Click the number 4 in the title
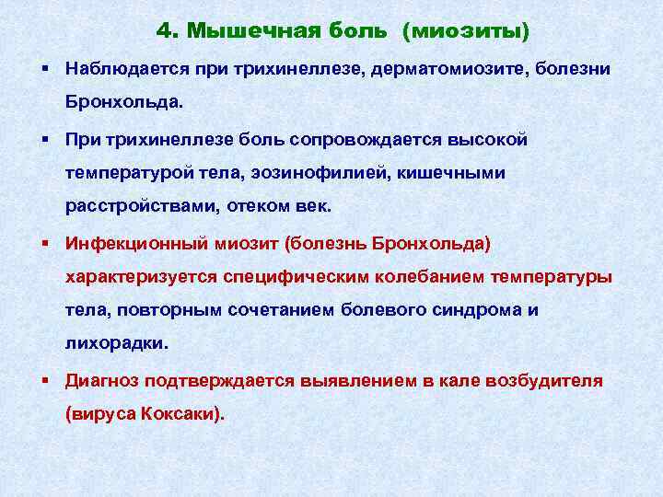(x=165, y=30)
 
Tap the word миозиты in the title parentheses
(x=466, y=31)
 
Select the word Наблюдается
(x=127, y=69)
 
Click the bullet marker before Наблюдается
(x=46, y=67)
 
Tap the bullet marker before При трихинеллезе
(x=46, y=138)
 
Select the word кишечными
(x=450, y=173)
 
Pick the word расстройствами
(x=142, y=207)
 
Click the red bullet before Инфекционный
(x=46, y=243)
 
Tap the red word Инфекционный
(x=136, y=244)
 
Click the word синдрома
(x=477, y=311)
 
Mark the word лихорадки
(x=117, y=343)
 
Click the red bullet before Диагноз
(x=46, y=380)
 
